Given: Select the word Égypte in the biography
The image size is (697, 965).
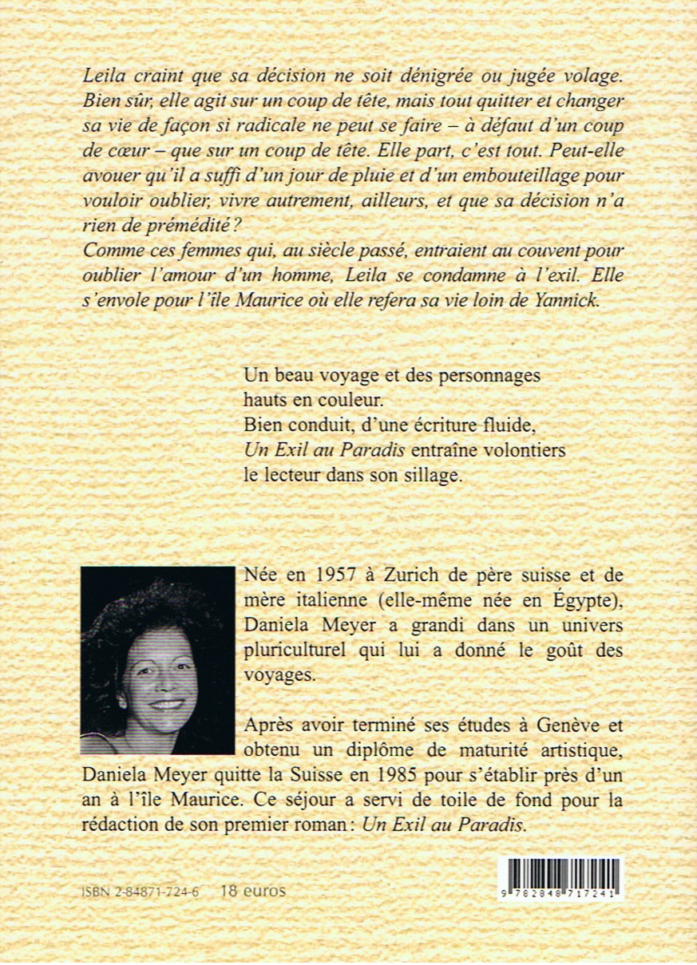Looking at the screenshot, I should [587, 601].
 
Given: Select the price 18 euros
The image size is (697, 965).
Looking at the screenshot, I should [252, 891].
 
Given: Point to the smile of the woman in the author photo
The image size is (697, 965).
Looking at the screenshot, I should [167, 705].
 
